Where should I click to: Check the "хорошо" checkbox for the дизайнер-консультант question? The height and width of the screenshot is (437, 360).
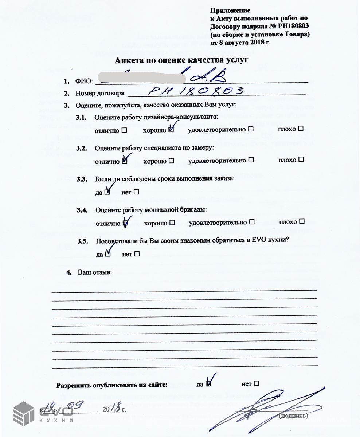[171, 129]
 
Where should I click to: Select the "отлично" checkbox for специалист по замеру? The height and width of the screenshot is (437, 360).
[125, 161]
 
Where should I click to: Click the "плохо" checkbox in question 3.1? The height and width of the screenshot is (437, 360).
[301, 129]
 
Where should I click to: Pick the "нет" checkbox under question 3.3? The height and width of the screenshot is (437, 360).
[137, 192]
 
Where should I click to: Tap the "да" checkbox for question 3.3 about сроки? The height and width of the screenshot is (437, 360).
[107, 192]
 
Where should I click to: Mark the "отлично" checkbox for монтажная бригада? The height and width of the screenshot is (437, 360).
[125, 222]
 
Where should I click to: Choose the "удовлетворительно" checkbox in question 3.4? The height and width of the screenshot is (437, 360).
[251, 222]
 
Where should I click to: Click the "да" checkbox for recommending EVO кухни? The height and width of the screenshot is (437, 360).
[108, 254]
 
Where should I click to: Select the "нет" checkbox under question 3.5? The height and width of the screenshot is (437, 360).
[137, 254]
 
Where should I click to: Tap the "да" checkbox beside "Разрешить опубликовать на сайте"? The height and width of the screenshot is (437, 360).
[208, 384]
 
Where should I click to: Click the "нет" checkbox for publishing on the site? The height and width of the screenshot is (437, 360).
[256, 383]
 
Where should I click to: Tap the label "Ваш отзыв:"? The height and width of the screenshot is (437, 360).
[95, 272]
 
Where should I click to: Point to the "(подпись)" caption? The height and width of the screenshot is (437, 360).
[293, 415]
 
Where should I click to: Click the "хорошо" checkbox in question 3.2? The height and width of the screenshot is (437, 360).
[171, 160]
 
